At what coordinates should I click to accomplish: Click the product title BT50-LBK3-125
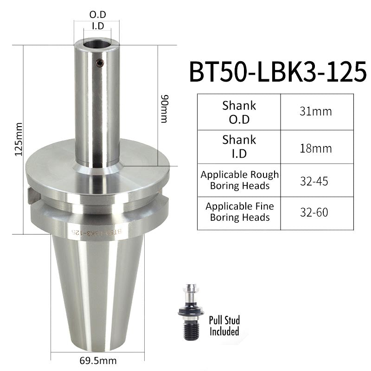pos(277,72)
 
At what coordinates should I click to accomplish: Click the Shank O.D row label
pos(239,112)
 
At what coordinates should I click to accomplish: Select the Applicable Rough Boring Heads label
pos(239,180)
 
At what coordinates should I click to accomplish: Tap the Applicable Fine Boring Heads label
pos(239,212)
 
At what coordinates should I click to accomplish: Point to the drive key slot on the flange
pos(32,195)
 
